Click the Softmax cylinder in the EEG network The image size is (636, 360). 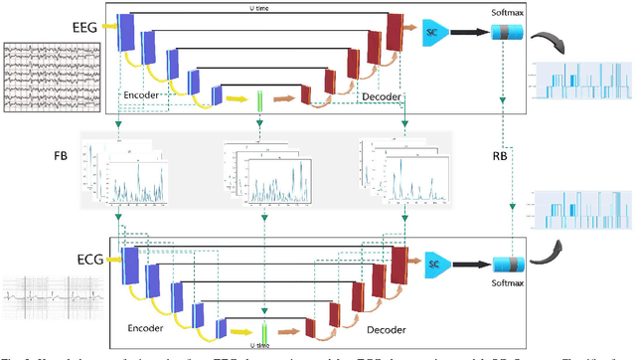[509, 32]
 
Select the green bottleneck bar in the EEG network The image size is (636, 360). [259, 100]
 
